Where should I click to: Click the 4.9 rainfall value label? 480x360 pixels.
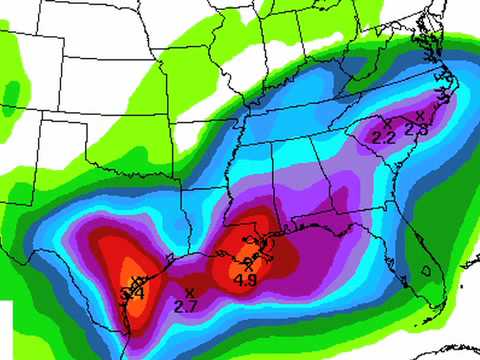point(246,281)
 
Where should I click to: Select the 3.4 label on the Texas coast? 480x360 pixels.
point(132,294)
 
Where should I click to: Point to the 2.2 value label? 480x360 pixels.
point(384,137)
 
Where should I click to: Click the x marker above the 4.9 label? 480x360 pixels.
point(247,266)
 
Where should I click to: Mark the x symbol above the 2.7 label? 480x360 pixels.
point(188,291)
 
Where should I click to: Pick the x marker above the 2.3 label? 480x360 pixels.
point(420,116)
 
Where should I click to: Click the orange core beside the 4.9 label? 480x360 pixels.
point(240,268)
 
